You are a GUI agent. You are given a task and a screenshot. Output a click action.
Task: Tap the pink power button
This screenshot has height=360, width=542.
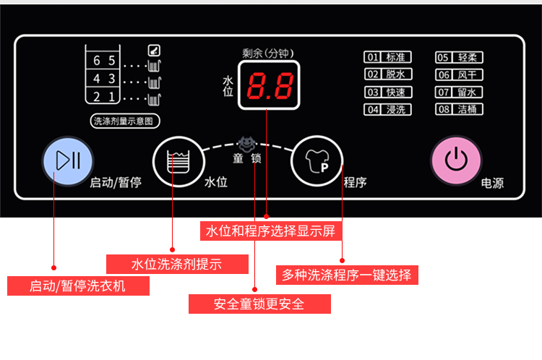click(456, 160)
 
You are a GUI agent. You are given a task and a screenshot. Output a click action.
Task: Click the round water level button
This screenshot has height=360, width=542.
click(178, 161)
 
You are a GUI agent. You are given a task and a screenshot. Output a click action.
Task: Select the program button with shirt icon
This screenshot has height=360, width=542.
click(317, 160)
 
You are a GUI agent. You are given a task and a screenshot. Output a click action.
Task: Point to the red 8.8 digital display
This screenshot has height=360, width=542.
click(269, 85)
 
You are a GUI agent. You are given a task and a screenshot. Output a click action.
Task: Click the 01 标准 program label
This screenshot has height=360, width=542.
click(387, 57)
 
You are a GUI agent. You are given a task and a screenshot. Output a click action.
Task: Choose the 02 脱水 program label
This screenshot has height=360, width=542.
click(388, 74)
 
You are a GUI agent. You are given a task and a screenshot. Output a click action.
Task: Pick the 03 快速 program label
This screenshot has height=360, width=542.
click(388, 92)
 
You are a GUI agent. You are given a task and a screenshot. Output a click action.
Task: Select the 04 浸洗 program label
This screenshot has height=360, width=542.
click(387, 109)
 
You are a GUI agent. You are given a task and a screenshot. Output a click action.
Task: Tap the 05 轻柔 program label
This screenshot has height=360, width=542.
click(459, 57)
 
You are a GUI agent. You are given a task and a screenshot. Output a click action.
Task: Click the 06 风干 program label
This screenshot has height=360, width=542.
click(459, 74)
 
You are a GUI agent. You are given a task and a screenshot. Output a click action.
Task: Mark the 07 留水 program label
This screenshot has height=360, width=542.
click(459, 92)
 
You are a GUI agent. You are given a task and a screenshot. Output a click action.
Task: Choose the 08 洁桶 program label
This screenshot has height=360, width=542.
click(459, 109)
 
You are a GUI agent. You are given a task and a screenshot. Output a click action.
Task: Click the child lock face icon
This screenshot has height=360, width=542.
click(247, 144)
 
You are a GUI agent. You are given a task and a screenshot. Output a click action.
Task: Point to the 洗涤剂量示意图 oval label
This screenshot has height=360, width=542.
click(125, 121)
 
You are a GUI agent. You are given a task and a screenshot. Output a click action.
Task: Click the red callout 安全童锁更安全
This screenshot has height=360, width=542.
click(259, 304)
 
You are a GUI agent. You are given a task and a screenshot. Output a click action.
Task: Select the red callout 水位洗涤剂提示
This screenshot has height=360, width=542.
click(177, 264)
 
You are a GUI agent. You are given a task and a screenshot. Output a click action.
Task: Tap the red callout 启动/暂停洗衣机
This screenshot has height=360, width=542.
click(78, 286)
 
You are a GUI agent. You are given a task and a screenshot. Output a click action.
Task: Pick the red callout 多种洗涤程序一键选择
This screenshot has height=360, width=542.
click(347, 275)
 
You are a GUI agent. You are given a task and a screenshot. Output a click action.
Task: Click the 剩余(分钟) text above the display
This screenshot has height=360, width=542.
click(268, 53)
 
